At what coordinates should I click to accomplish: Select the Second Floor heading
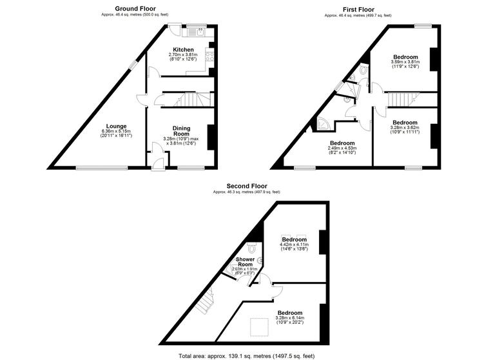click(247, 186)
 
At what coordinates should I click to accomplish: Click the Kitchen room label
click(183, 50)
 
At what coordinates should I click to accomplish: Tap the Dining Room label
click(181, 132)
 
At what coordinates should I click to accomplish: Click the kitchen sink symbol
click(195, 31)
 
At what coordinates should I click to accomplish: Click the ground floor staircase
click(192, 100)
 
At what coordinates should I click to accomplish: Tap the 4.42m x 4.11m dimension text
click(295, 244)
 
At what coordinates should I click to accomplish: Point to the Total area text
click(247, 355)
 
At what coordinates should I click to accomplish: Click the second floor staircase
click(205, 301)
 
